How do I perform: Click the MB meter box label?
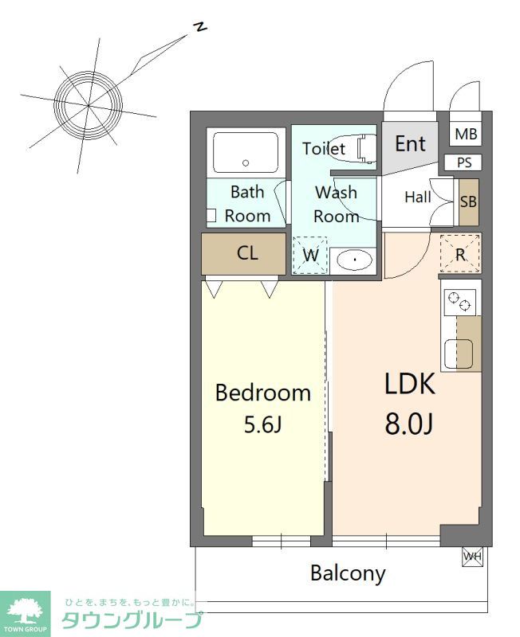pos(466,134)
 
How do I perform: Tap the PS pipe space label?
pos(464,162)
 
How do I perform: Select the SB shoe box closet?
pos(468,202)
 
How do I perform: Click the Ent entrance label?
pos(411,144)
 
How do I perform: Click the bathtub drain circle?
pos(246,163)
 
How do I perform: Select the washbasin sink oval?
pos(355,260)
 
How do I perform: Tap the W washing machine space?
pos(310,255)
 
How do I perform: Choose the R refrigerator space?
pos(460,254)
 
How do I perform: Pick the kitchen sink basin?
pos(459,354)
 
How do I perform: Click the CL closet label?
pos(247,253)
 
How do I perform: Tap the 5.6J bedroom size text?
pos(262,425)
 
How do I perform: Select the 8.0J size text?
pos(409,424)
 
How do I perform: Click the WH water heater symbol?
pos(472,556)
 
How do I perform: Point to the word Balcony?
pos(348,573)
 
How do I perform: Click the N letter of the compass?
pos(199,27)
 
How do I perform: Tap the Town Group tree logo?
pos(25,611)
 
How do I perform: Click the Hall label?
pos(418,197)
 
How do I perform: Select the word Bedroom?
pos(263,393)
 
